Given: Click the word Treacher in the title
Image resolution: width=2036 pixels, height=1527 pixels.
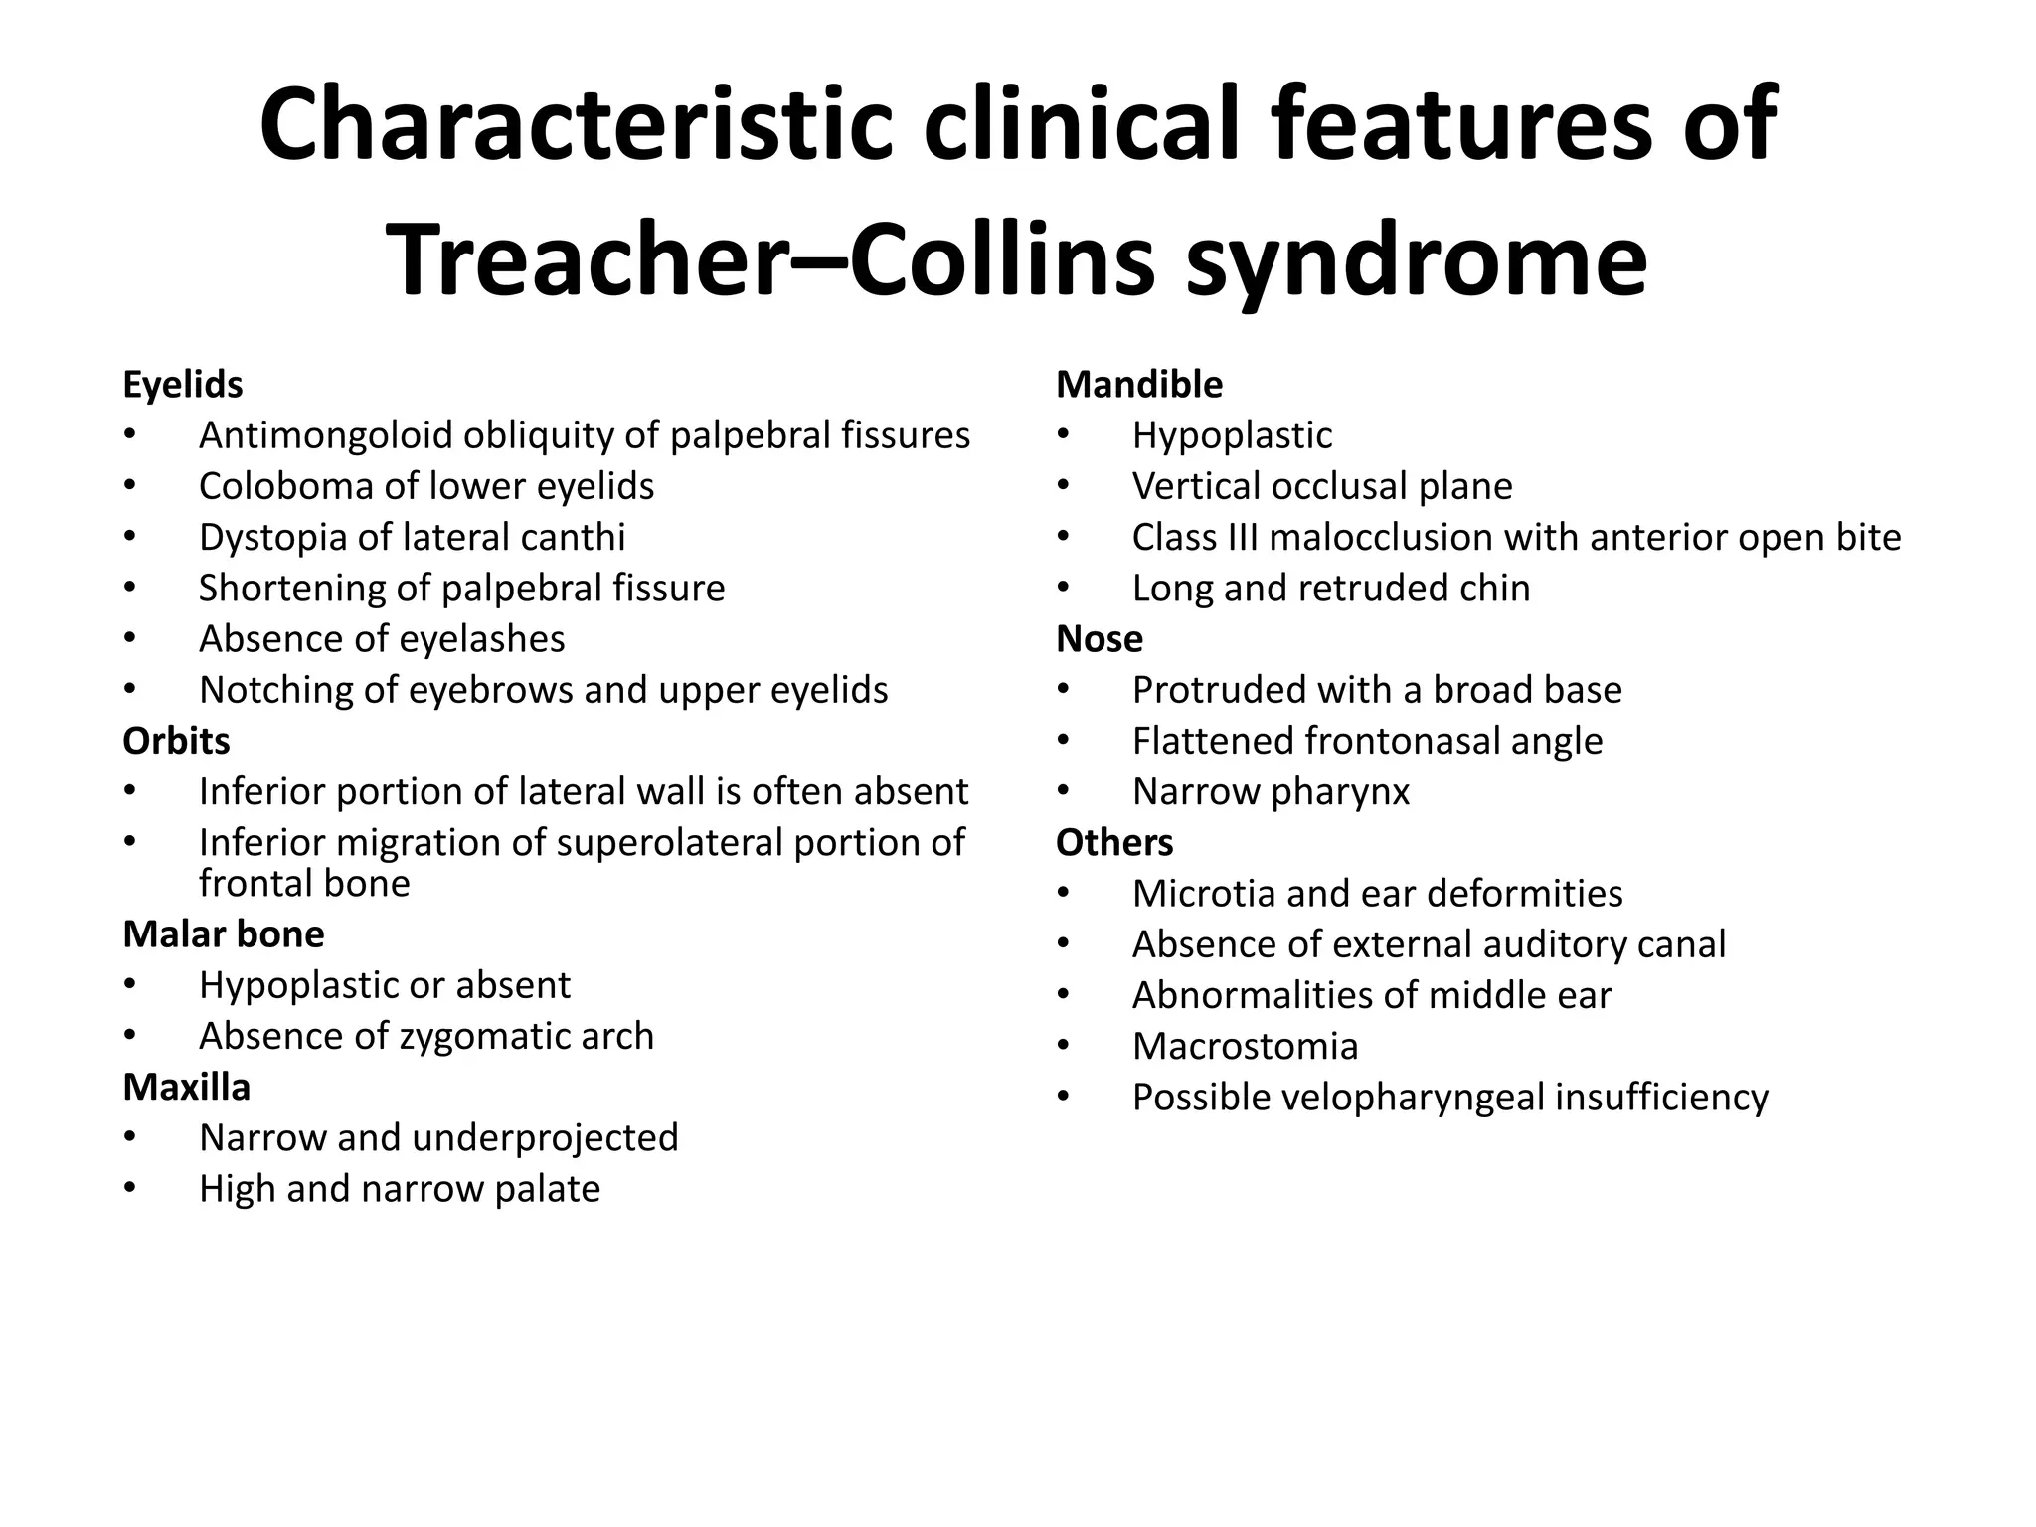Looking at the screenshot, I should pos(587,260).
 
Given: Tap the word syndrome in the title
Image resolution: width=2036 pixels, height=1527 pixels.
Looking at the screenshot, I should pos(1417,260).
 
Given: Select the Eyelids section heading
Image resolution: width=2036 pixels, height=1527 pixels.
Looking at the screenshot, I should pos(183,385).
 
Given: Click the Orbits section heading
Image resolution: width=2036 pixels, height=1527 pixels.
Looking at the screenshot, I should pos(176,741).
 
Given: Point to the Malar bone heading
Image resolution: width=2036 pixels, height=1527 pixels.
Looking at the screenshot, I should pos(224,934).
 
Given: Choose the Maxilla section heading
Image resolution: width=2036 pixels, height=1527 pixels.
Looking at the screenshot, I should pos(186,1088).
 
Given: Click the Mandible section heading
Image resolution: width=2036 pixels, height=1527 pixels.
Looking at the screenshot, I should pos(1139,385).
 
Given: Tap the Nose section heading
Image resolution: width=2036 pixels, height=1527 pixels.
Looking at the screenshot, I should pos(1099,639).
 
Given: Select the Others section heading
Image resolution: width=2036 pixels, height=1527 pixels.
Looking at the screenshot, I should pos(1114,843).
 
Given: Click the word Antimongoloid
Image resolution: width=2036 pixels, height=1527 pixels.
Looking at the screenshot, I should pos(326,435).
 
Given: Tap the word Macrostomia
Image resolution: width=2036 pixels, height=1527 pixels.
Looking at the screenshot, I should pos(1245,1047).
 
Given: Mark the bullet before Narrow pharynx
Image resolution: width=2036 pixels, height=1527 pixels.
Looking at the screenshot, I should pos(1064,792).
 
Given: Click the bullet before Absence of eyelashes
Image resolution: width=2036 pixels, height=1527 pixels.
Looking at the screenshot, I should pos(130,639).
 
